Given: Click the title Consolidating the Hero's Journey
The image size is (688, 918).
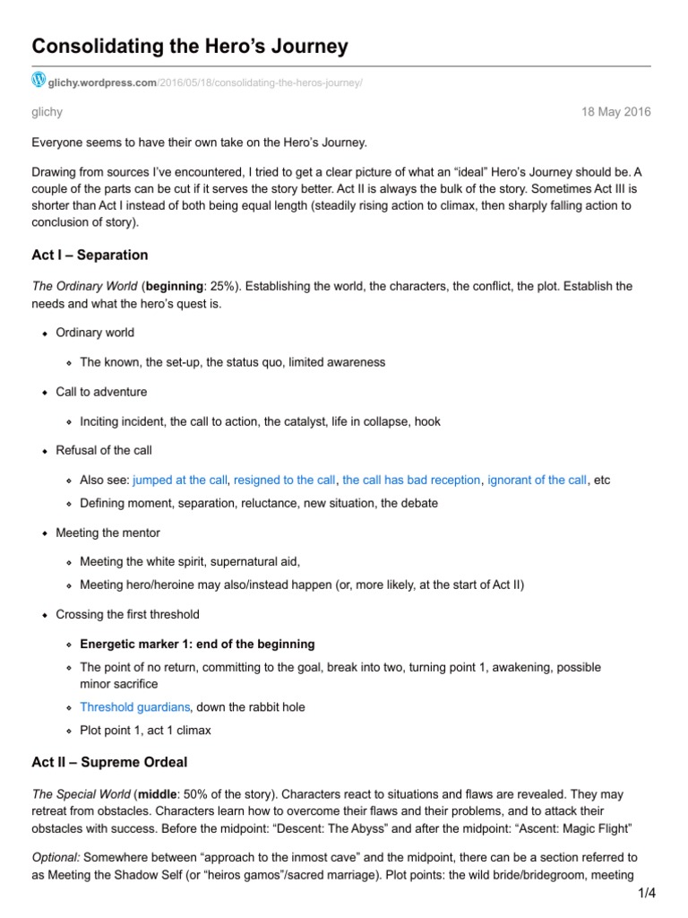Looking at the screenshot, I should [190, 46].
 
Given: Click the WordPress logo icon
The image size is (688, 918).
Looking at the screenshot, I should [39, 81].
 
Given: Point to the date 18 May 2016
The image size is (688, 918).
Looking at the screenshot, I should [617, 112].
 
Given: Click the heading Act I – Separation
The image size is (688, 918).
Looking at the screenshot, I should [90, 255].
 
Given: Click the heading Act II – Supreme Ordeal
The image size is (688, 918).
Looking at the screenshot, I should [109, 762].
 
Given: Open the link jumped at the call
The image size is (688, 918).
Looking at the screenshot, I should [180, 480].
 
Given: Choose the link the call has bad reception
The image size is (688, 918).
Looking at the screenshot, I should [411, 480].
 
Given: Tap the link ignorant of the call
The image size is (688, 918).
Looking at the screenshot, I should [537, 480].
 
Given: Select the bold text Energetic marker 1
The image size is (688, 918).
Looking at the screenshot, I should [197, 644].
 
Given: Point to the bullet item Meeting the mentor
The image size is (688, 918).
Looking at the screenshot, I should [107, 533].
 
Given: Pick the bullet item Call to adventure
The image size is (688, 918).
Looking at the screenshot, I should [101, 392].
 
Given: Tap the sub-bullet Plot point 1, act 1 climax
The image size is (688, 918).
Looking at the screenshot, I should [145, 730].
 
